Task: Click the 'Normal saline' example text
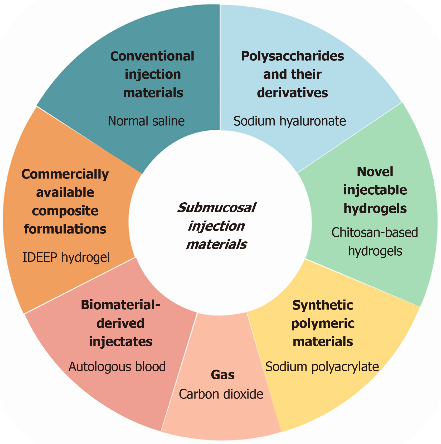146,121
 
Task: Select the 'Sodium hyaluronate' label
289,121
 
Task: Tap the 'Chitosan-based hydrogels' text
375,242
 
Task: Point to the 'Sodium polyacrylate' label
322,367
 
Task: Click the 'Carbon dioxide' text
221,394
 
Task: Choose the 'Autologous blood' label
117,367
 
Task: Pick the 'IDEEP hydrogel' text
66,257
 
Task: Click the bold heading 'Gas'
223,375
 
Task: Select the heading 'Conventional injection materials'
153,74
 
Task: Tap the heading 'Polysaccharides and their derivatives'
292,74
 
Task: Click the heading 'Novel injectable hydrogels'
375,190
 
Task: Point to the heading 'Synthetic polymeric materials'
323,323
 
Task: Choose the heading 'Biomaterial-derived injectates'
120,323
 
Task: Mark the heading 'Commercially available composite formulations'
65,202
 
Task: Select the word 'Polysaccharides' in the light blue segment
292,56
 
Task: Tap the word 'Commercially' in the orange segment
65,174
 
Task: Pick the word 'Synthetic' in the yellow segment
323,305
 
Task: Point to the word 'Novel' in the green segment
375,172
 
